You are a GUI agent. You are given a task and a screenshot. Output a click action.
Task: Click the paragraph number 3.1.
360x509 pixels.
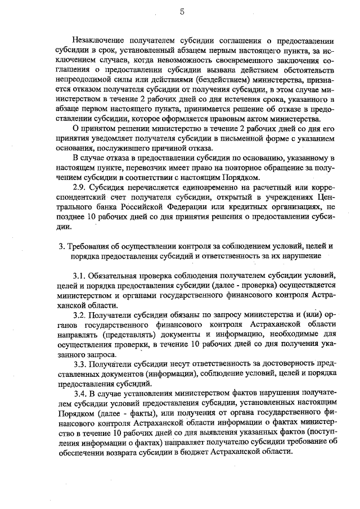(x=81, y=276)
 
